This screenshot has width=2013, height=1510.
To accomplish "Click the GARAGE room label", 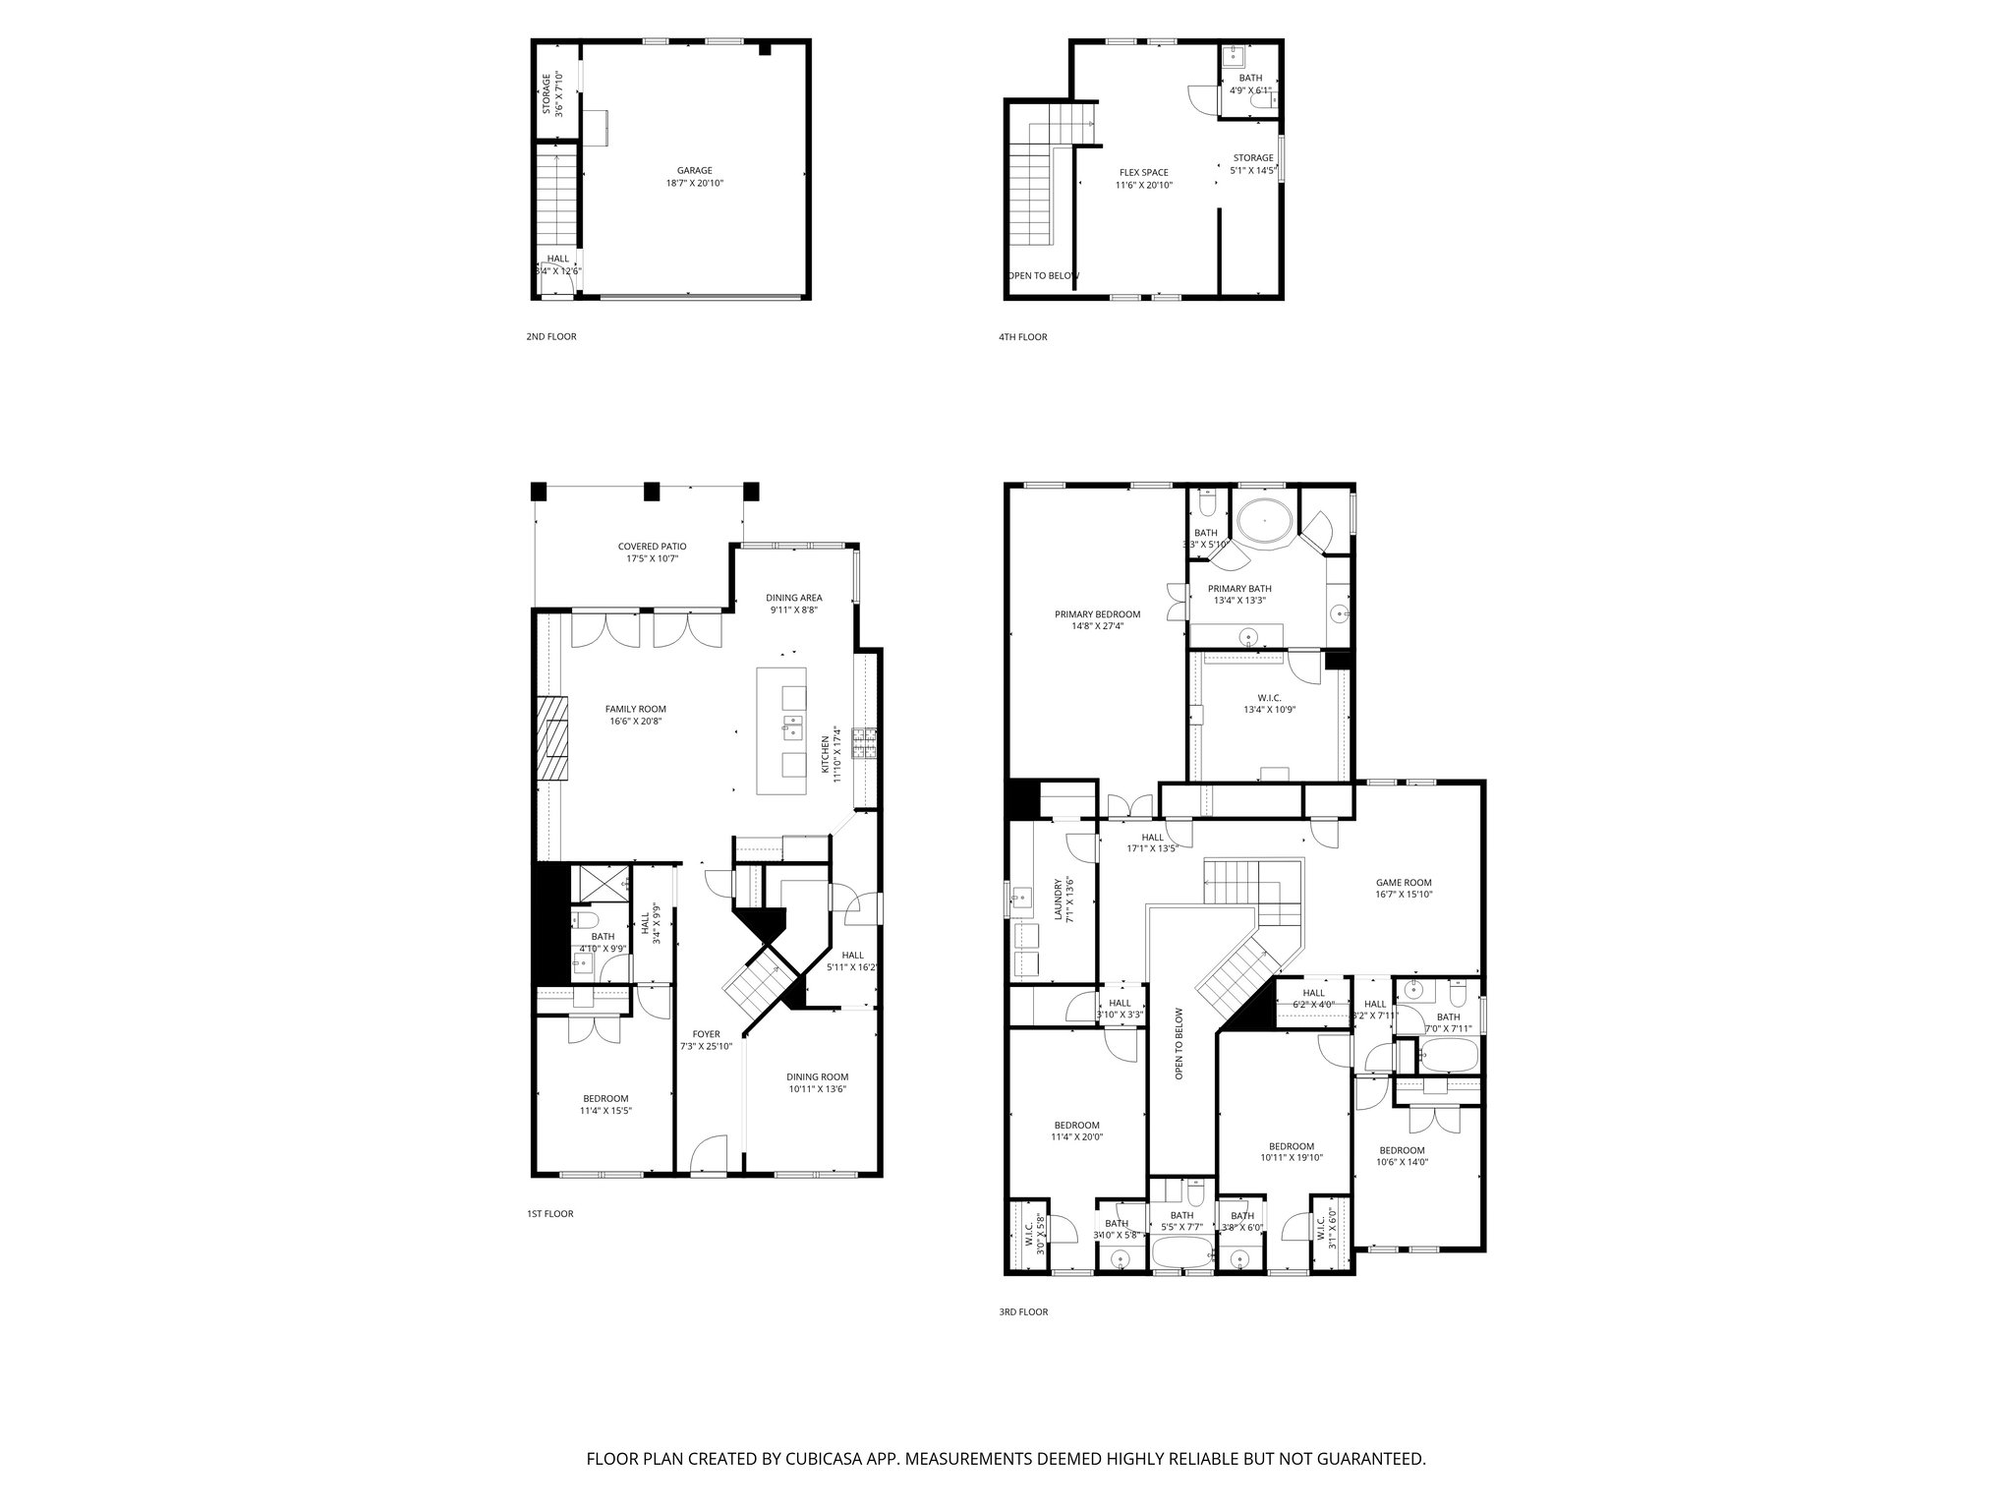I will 694,170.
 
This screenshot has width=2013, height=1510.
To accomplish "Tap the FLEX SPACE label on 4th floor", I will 1143,172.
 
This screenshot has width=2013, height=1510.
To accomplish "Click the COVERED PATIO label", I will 652,547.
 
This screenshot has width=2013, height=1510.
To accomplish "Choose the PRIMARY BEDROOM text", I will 1097,614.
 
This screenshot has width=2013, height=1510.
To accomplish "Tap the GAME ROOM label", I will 1404,882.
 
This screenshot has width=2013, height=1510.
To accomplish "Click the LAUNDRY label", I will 1059,899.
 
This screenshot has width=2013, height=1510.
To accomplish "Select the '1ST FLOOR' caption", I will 549,1214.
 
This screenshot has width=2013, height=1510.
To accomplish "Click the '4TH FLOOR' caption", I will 1023,337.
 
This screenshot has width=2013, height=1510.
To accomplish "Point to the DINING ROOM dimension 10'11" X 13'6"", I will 817,1088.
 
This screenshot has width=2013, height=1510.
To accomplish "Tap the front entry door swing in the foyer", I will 707,1153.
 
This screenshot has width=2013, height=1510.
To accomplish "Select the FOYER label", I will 706,1034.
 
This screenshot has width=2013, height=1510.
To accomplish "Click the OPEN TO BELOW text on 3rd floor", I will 1179,1043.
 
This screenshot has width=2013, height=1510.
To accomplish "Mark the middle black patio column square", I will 651,491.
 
